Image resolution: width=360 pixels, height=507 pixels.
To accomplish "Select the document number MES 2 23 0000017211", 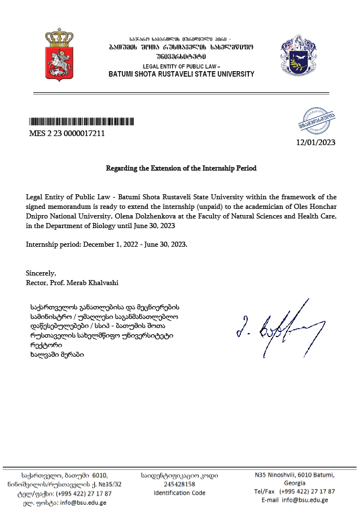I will click(67, 134).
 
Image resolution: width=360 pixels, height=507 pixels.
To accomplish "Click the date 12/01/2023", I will click(315, 142).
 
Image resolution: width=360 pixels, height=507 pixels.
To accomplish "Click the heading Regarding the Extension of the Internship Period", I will click(181, 168).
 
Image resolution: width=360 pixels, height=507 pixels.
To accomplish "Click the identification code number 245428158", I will click(179, 484).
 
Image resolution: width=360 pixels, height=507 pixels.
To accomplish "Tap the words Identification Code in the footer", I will click(179, 492).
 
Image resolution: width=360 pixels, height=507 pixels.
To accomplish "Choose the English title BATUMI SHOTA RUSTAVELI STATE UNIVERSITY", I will click(181, 74).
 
